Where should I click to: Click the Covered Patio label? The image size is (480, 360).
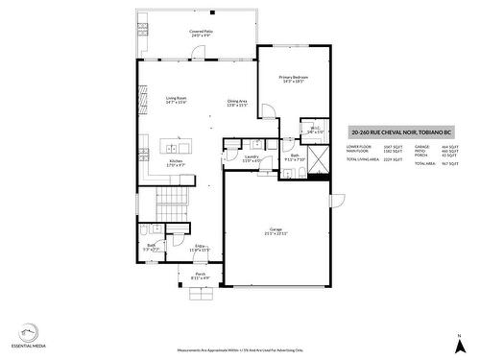201,33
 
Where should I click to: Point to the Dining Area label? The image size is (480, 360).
237,103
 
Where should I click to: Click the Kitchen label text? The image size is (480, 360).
176,162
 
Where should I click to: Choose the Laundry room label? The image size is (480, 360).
252,158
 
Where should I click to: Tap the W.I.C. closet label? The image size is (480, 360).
314,131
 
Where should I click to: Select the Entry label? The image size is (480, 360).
202,248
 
